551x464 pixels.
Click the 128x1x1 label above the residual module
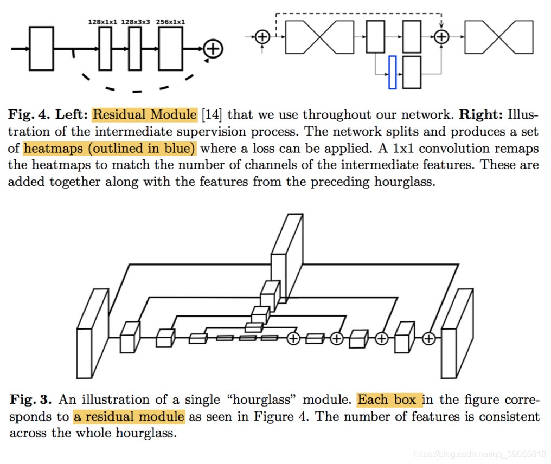tap(102, 22)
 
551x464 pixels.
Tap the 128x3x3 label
tap(135, 22)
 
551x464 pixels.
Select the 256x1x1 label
tap(170, 22)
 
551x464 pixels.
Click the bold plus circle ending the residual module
tap(213, 49)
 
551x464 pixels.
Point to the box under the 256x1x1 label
tap(170, 48)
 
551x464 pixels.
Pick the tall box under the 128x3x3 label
tap(135, 48)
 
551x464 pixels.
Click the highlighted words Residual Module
tap(144, 114)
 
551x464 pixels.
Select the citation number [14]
tap(212, 114)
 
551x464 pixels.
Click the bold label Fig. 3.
tap(30, 399)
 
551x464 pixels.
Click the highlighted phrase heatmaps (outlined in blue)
tap(110, 148)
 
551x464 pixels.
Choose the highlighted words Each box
tap(390, 399)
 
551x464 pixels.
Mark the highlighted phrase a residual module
tap(129, 417)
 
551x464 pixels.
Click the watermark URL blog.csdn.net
tap(479, 454)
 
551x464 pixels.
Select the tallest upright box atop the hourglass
tap(287, 259)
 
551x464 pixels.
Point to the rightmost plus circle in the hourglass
tap(428, 339)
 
